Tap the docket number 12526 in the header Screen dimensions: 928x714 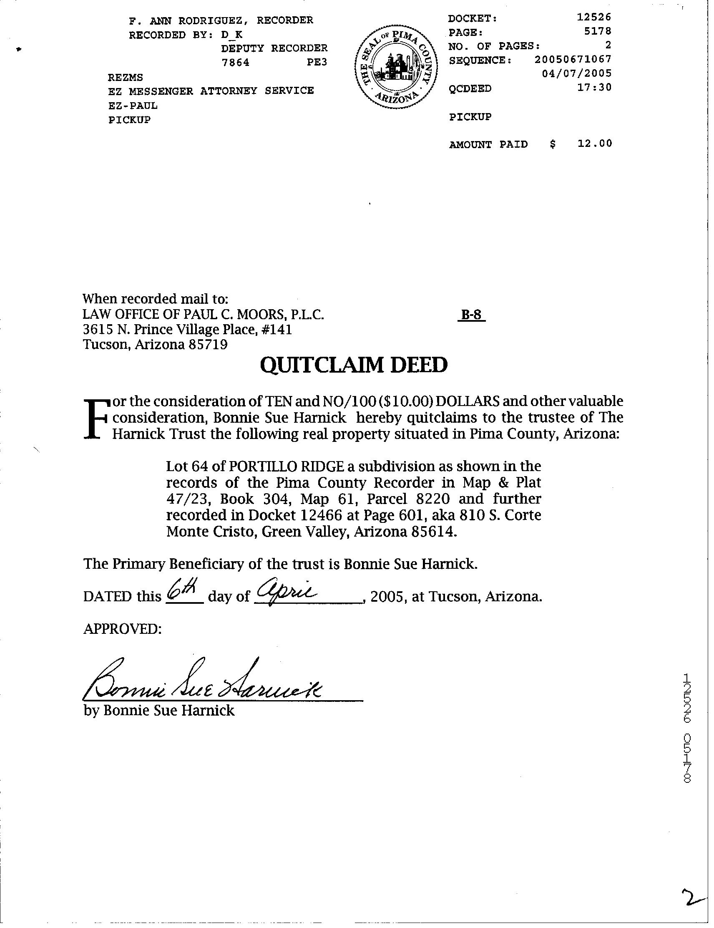click(x=594, y=17)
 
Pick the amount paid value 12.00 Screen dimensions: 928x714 click(x=594, y=143)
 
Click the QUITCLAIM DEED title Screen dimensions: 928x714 click(x=353, y=365)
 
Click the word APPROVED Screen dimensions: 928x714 click(x=122, y=628)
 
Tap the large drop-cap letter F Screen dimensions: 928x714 click(x=96, y=419)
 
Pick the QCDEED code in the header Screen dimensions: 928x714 click(x=470, y=88)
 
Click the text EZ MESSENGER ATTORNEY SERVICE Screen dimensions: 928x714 click(x=211, y=91)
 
